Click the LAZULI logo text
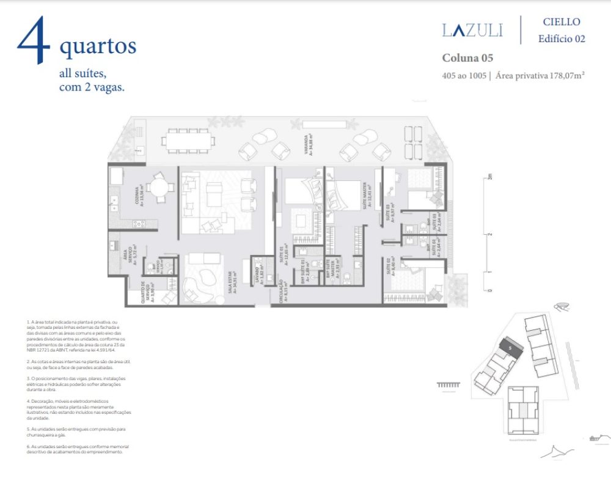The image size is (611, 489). pos(472,30)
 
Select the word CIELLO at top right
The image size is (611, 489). pos(562,22)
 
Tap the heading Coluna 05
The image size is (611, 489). pos(467,59)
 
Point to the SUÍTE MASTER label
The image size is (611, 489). pos(368,197)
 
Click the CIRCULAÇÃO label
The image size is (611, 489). pos(282,290)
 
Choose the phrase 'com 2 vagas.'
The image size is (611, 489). pos(92,87)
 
